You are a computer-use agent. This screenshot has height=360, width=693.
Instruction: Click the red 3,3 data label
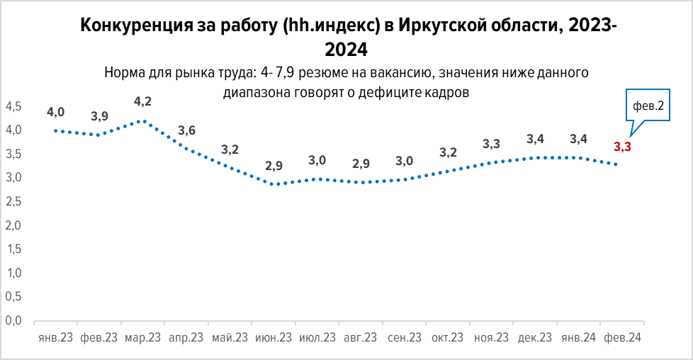[x=622, y=147]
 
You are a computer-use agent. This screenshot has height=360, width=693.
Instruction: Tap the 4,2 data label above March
[x=143, y=102]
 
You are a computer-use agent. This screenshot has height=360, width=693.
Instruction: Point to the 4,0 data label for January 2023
[x=56, y=112]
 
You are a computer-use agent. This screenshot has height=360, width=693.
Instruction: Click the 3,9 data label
[x=99, y=116]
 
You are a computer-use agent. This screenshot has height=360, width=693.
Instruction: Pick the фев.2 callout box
[x=648, y=107]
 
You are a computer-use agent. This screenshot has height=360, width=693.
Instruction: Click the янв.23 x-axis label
[x=55, y=339]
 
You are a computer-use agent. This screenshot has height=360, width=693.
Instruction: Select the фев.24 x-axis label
[x=622, y=339]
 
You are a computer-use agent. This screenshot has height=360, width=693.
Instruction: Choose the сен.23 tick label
[x=405, y=339]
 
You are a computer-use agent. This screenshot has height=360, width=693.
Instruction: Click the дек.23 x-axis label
[x=535, y=339]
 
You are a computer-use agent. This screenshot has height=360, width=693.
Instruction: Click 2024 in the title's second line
[x=346, y=50]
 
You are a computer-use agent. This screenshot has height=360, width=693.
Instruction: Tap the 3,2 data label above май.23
[x=230, y=150]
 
